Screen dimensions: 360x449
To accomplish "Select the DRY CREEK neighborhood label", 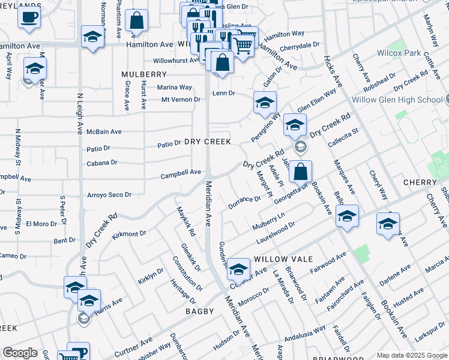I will click(x=208, y=142).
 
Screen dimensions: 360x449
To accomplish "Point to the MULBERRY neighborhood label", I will click(x=143, y=74).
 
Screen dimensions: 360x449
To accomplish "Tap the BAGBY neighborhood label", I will click(x=200, y=311).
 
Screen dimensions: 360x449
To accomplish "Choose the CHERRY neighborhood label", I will click(x=420, y=182).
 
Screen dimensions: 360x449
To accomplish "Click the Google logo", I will click(x=20, y=352).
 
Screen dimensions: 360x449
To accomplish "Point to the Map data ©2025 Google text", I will click(x=412, y=355).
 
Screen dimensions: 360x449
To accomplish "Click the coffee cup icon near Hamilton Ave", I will click(x=29, y=17).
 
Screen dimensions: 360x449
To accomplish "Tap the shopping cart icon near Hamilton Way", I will click(x=243, y=46).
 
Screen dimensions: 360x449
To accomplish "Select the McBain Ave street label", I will click(x=104, y=131).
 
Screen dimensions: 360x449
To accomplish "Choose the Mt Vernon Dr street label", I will click(x=181, y=100).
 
